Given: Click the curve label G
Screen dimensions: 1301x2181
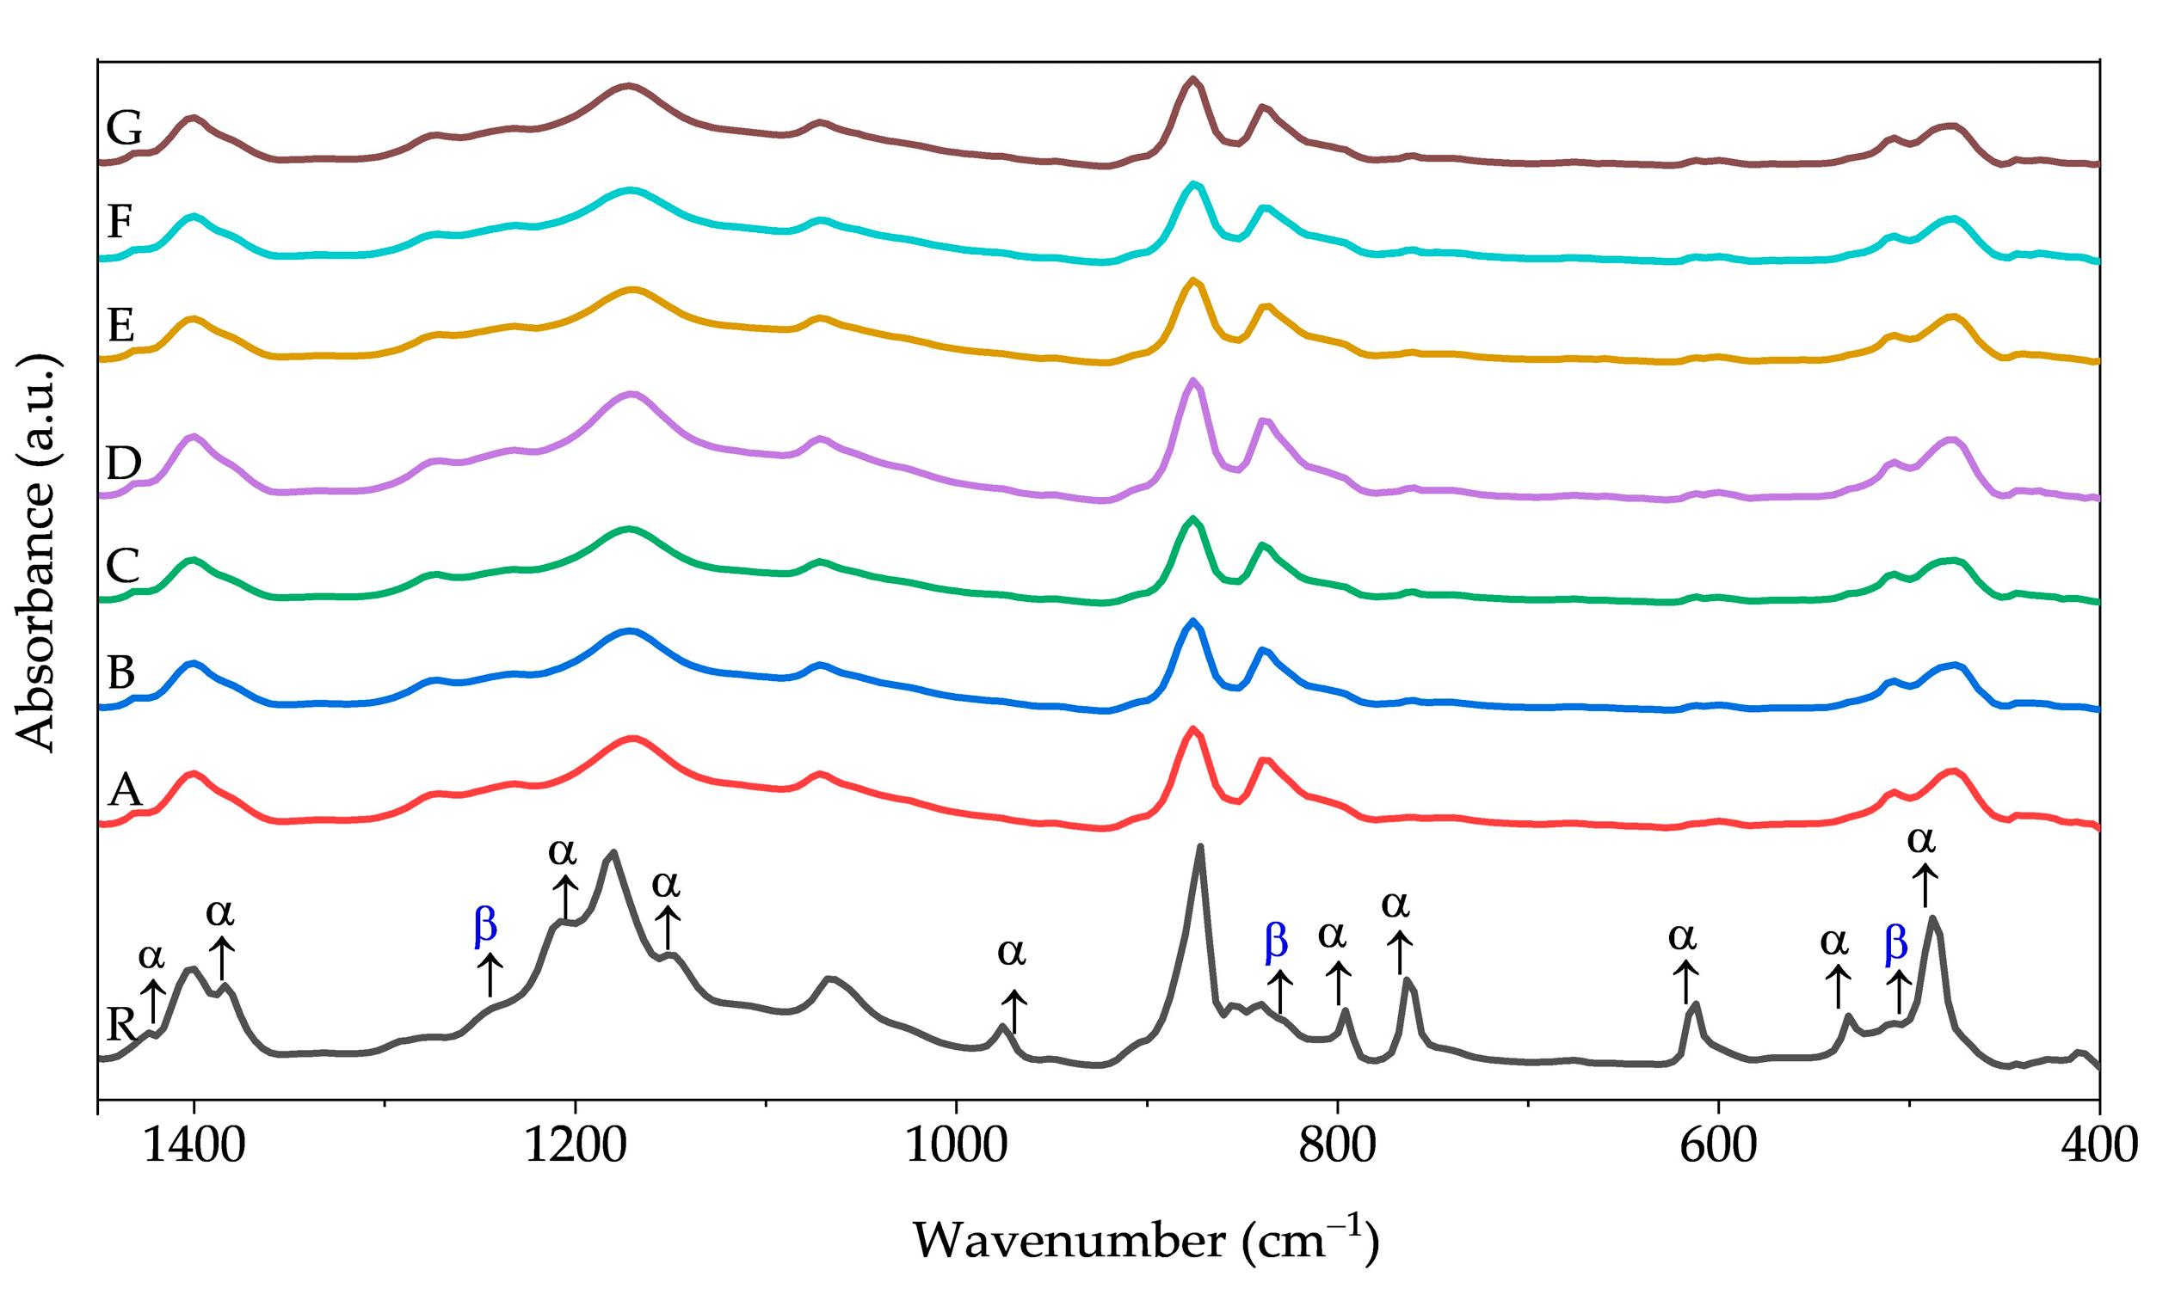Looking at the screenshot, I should click(124, 129).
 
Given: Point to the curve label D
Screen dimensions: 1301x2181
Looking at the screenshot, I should click(123, 463).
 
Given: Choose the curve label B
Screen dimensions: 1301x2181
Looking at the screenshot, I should click(121, 672).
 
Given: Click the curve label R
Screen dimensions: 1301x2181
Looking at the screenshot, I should click(120, 1024).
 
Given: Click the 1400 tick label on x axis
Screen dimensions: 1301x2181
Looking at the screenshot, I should click(194, 1145).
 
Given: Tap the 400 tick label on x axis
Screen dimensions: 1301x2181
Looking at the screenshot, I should click(2098, 1145).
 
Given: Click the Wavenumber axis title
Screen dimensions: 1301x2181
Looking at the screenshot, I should click(1145, 1240).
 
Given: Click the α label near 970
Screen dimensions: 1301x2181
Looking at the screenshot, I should click(1011, 951).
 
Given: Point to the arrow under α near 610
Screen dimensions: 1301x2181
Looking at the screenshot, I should click(1685, 982).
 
